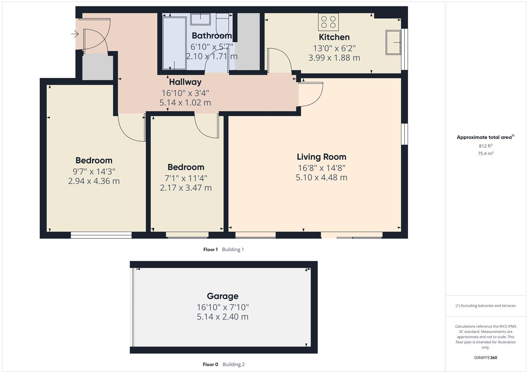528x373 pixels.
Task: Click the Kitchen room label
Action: tap(334, 37)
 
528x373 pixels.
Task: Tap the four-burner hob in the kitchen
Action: tap(328, 22)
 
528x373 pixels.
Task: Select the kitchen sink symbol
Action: tap(393, 42)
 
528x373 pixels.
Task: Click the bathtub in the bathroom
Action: tap(174, 43)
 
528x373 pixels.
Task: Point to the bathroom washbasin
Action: tap(200, 19)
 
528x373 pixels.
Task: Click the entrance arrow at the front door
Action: tap(75, 34)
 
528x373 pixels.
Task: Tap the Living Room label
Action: tap(321, 157)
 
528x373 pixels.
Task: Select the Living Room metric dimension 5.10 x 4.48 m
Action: tap(321, 178)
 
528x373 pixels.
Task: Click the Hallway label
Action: tap(185, 82)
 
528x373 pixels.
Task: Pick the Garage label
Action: tap(222, 296)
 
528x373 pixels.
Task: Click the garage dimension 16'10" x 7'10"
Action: tap(222, 307)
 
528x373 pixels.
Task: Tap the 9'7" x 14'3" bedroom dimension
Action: tap(94, 171)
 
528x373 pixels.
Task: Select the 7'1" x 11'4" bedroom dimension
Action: tap(186, 178)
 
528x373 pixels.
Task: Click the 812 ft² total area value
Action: tap(485, 146)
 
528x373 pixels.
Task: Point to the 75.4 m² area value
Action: tap(485, 154)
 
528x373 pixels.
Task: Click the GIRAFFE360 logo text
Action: tap(485, 357)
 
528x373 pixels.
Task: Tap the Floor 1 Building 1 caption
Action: tap(223, 249)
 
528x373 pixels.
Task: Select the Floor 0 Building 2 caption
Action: tap(223, 364)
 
